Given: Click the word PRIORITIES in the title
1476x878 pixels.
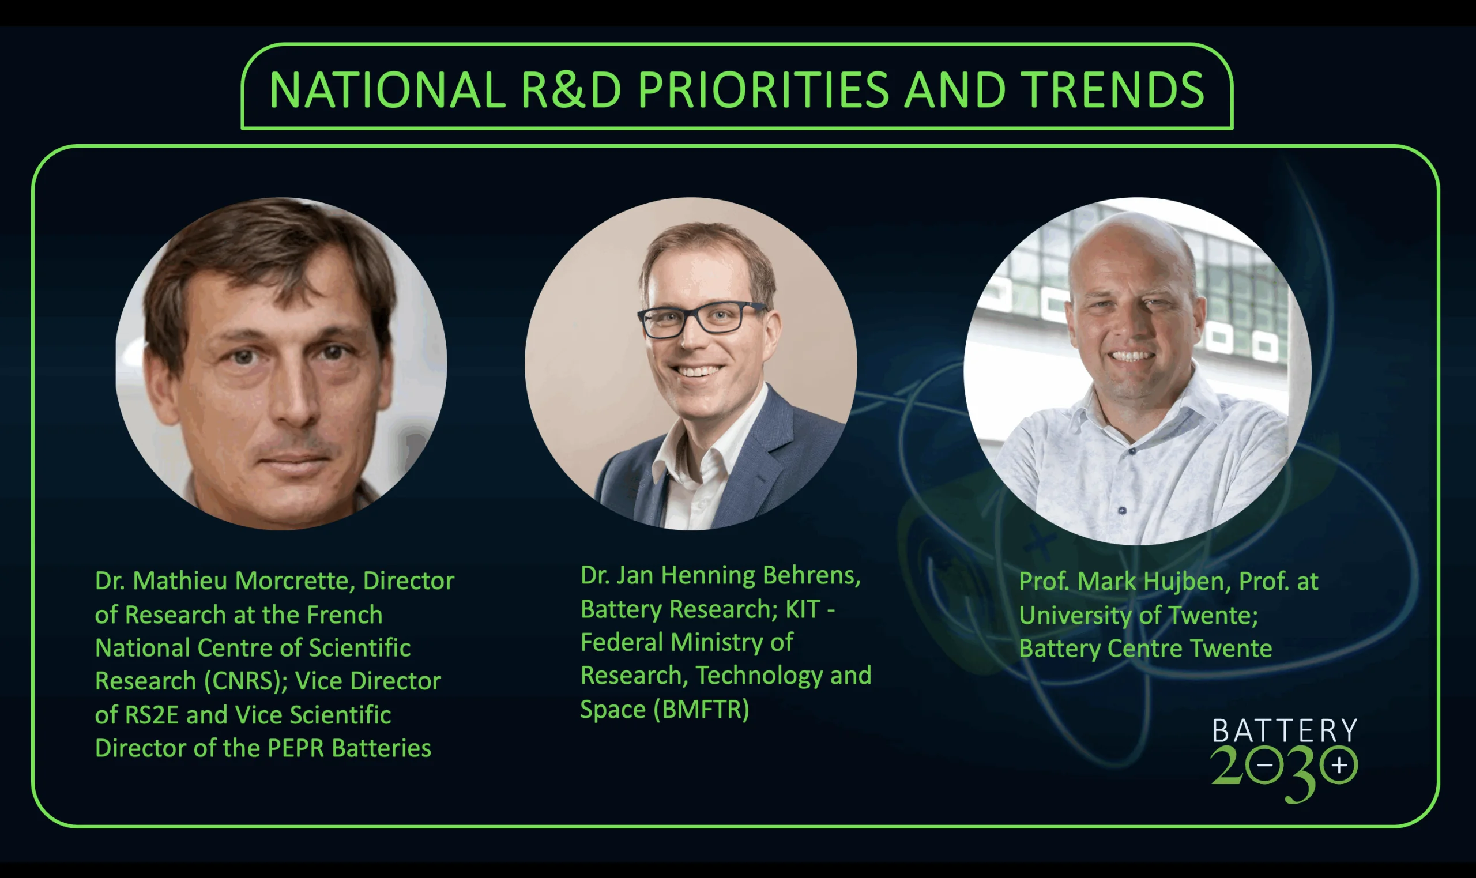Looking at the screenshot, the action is pos(763,90).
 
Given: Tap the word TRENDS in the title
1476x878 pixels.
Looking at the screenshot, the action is pos(1114,90).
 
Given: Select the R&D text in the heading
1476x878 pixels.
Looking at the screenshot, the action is pos(571,90).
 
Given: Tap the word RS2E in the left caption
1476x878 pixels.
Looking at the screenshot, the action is pos(152,715).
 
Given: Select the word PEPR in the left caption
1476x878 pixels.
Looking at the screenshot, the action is pos(295,748).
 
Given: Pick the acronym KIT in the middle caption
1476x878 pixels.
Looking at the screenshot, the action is pos(803,609).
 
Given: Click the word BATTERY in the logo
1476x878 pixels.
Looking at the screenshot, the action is pos(1285,730).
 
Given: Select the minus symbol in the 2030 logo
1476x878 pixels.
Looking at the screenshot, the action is pos(1265,766).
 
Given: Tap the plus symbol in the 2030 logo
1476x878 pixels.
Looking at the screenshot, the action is pos(1339,766).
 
